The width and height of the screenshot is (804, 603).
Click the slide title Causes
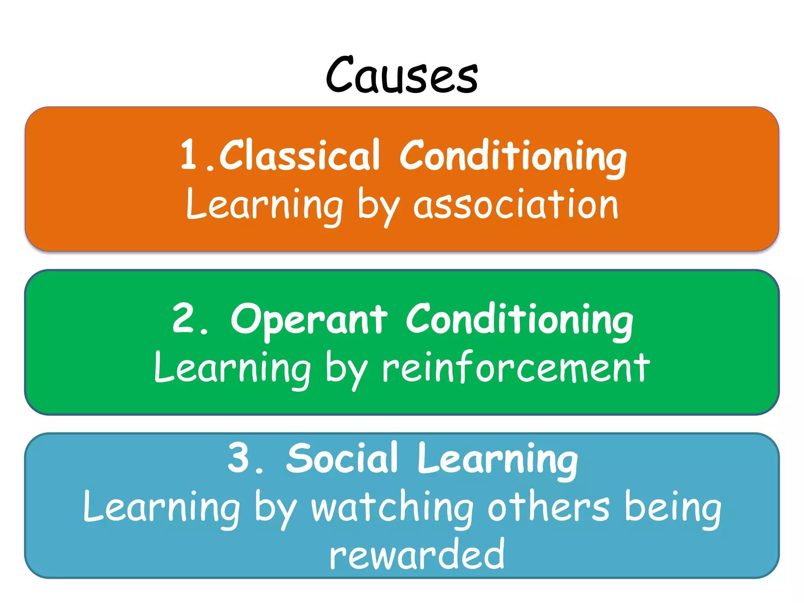[x=402, y=75]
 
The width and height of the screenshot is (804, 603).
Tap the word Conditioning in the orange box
[x=513, y=157]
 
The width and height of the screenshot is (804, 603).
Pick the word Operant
[x=309, y=320]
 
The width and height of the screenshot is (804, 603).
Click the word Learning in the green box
[x=232, y=368]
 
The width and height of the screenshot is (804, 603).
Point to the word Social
[x=342, y=458]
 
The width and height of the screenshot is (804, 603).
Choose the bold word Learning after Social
[x=497, y=459]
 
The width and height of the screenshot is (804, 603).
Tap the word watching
[x=392, y=508]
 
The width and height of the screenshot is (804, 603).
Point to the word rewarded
[x=417, y=554]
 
